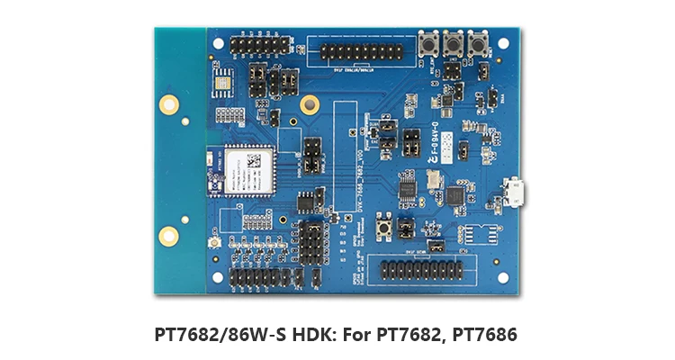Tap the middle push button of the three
[452, 42]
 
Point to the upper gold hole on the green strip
[167, 104]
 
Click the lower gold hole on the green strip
[167, 236]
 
